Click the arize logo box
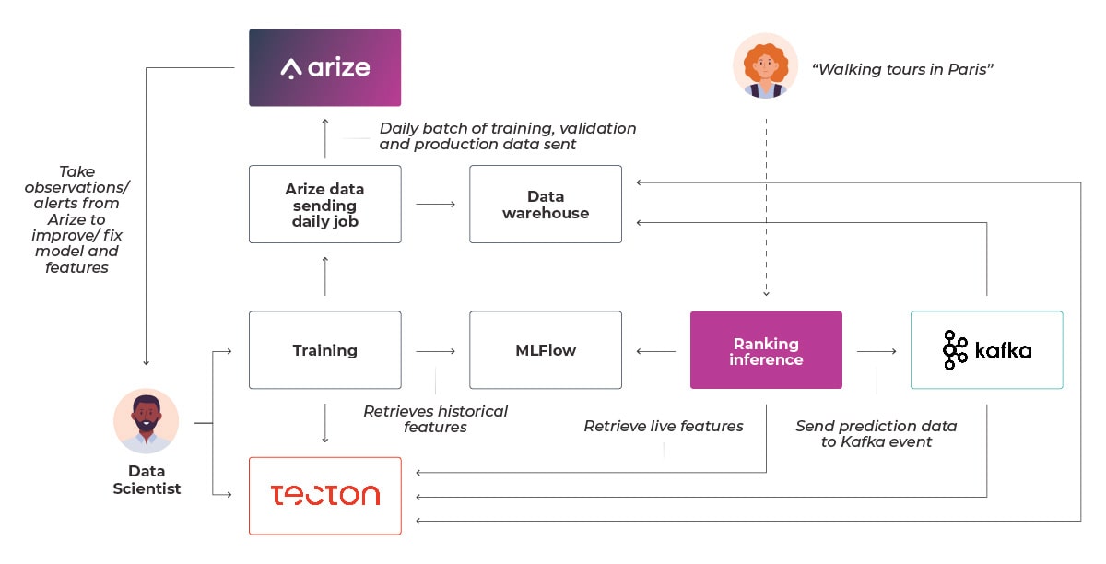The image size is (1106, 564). [324, 67]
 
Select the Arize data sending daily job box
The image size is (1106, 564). [324, 204]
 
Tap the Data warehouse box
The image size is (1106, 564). [546, 204]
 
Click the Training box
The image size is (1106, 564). [324, 349]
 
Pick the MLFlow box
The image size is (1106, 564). [546, 349]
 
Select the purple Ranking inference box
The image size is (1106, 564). [766, 349]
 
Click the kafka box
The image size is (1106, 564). [987, 349]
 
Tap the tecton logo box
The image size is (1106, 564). [324, 496]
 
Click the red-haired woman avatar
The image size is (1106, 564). [765, 65]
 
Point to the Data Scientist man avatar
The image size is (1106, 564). [147, 421]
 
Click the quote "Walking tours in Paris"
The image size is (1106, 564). [902, 69]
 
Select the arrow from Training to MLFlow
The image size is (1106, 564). [435, 351]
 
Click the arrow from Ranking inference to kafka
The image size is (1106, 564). [877, 351]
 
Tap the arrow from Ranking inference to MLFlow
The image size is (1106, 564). [656, 351]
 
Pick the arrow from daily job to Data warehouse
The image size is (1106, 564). [435, 204]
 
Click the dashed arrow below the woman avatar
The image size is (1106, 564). [766, 207]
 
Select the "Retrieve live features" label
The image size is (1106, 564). [664, 426]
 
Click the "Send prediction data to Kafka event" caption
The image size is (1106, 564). [877, 434]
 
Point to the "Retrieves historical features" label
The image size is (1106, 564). [435, 418]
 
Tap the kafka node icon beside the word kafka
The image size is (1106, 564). [955, 350]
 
